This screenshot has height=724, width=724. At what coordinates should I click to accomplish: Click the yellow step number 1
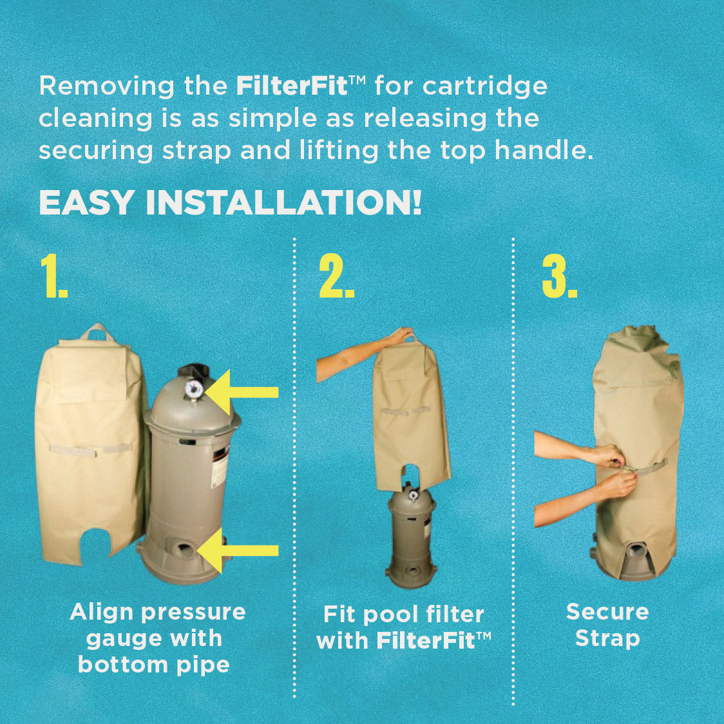tap(54, 276)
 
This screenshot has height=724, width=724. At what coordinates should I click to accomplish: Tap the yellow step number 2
tap(337, 276)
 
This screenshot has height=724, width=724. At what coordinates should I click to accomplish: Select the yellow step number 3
tap(559, 276)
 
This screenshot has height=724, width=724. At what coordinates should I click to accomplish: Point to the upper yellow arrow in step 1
tap(242, 392)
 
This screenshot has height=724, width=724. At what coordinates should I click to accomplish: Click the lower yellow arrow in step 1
tap(238, 550)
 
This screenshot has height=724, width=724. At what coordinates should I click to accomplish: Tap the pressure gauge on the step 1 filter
tap(194, 389)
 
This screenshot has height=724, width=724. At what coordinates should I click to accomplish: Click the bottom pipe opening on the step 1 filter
tap(184, 549)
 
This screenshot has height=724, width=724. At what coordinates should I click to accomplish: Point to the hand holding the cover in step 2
tap(401, 335)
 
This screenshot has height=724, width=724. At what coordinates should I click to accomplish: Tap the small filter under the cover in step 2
tap(411, 536)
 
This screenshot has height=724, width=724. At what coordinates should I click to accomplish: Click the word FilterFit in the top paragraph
tap(292, 86)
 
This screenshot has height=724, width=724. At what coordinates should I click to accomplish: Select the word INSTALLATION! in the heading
tap(283, 202)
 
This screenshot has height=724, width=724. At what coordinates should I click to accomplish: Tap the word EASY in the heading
tap(87, 202)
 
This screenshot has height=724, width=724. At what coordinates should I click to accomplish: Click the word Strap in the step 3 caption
tap(607, 639)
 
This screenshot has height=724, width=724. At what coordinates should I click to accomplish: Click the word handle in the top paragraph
tap(544, 150)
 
